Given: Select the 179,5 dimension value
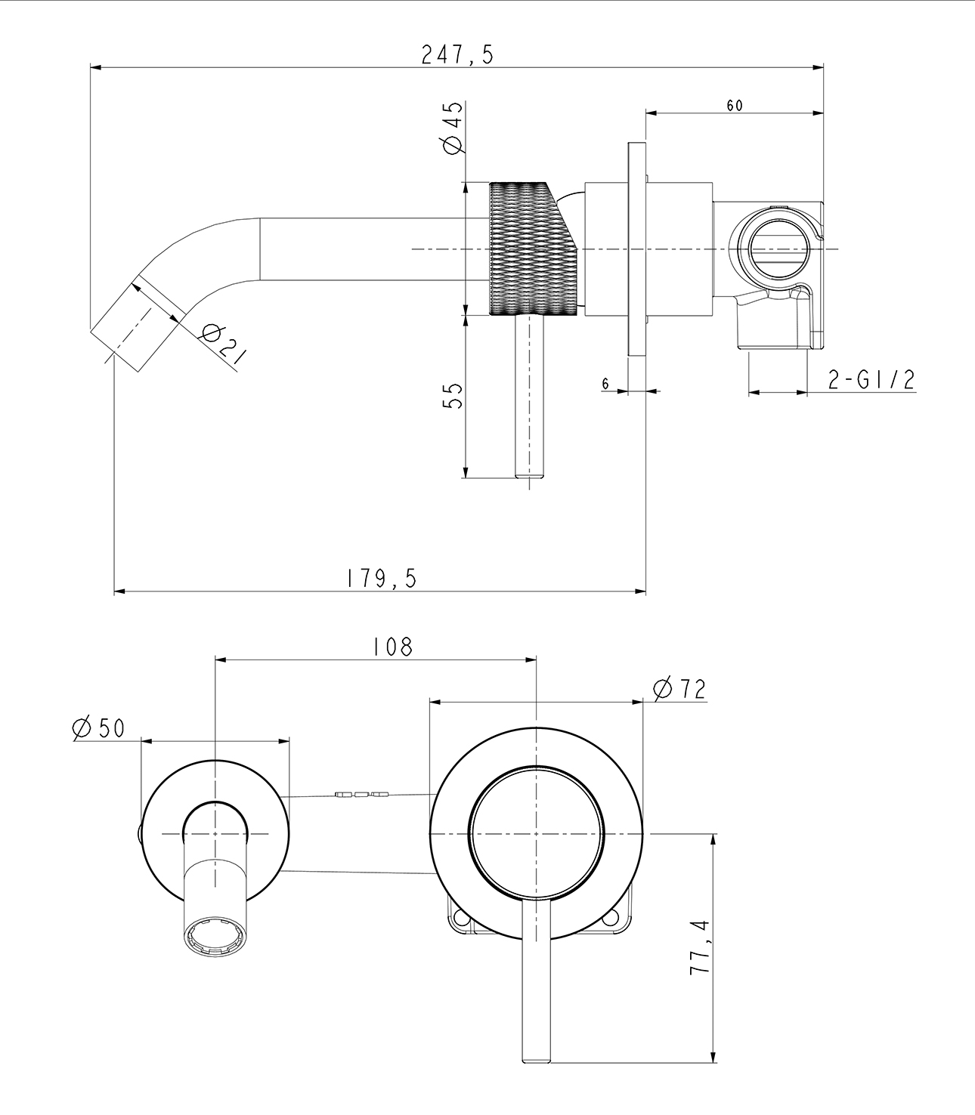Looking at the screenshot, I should pyautogui.click(x=381, y=579).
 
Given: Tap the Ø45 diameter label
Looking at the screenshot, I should pyautogui.click(x=452, y=128).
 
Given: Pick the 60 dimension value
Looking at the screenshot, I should pyautogui.click(x=734, y=106).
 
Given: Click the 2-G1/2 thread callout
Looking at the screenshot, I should pyautogui.click(x=871, y=380).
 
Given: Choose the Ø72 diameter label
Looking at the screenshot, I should pyautogui.click(x=679, y=688).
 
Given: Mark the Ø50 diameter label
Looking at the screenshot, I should pyautogui.click(x=98, y=727).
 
